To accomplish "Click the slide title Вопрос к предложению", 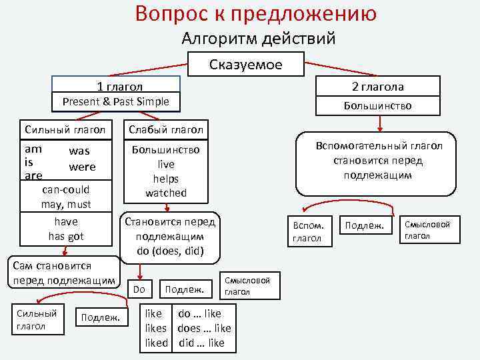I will coord(256,13).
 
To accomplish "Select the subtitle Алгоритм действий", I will coord(259,39).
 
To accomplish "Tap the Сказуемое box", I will coord(246,65).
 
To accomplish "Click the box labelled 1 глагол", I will coord(116,86).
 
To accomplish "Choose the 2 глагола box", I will coord(377,87).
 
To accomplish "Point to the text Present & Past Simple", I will coord(116,102).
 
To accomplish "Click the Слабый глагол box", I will coord(166,129).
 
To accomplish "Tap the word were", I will coord(82,167).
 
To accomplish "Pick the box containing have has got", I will coord(65,229).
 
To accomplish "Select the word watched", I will coord(166,193).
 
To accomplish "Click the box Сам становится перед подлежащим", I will coord(64,273).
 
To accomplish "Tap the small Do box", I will coord(139,289).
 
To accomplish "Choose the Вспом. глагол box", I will coord(307,231).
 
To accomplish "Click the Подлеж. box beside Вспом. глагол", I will coord(365,227).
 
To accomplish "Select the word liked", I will coord(157,343).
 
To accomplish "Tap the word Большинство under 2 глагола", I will coord(377,106).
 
